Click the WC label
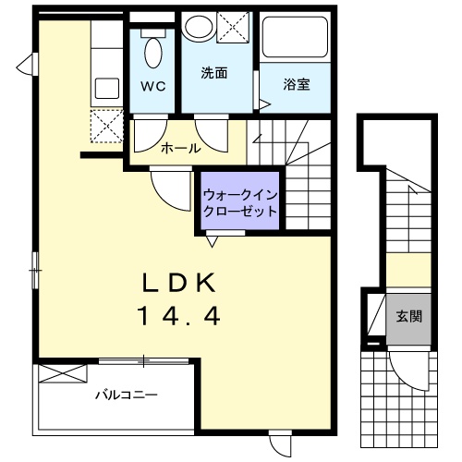point(152,88)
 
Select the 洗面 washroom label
point(215,72)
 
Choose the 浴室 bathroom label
point(296,85)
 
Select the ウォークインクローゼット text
point(239,202)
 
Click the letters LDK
point(181,283)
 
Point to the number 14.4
point(179,317)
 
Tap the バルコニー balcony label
point(125,395)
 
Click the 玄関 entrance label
point(409,316)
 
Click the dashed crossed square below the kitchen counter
point(106,124)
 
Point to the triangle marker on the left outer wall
point(30,66)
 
